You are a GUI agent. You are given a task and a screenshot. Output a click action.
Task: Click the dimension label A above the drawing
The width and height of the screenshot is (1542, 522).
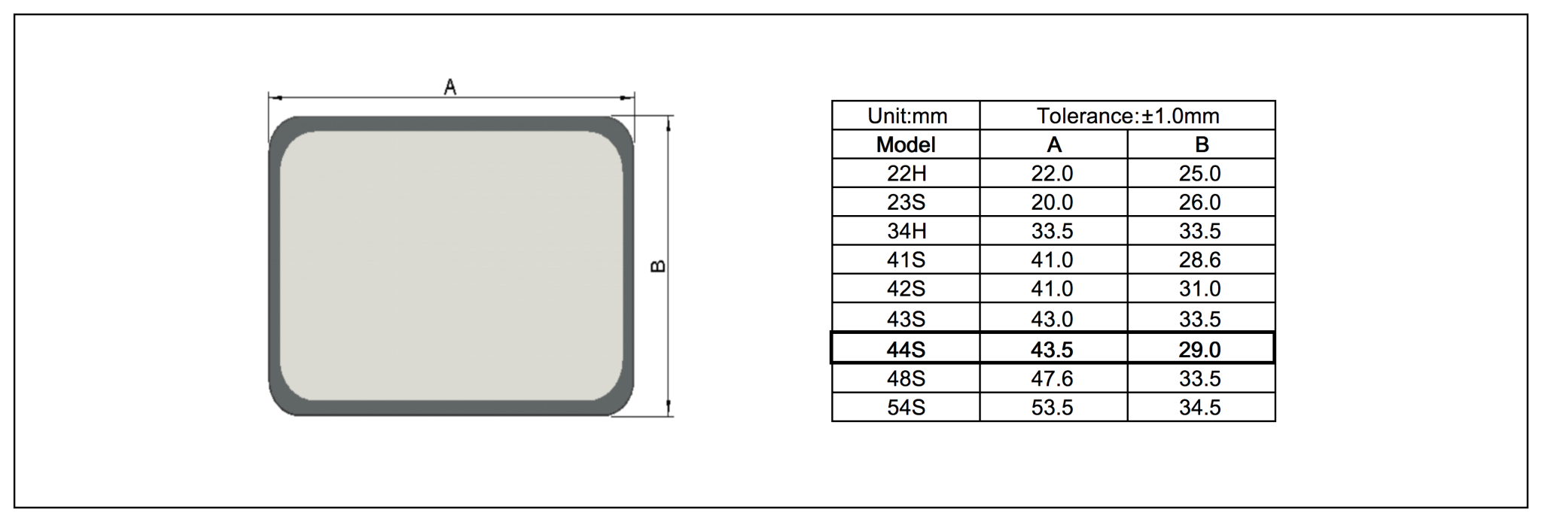[450, 87]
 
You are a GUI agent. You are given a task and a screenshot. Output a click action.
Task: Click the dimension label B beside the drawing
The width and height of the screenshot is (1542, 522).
[657, 266]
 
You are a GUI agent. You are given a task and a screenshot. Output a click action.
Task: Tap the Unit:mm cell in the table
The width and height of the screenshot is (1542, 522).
[907, 116]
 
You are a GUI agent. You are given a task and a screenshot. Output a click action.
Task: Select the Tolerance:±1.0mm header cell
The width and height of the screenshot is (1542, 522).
[1127, 116]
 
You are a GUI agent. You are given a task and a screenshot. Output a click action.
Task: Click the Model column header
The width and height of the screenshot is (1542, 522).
[906, 144]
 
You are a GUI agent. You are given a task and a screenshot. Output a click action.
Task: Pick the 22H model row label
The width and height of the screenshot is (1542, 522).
[906, 174]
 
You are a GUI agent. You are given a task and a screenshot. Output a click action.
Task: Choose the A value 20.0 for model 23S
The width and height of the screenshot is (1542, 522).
[1052, 202]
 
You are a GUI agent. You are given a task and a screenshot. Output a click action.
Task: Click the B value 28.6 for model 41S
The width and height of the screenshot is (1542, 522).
[1199, 260]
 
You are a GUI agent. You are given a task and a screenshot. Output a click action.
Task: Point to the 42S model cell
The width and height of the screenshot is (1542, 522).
[906, 289]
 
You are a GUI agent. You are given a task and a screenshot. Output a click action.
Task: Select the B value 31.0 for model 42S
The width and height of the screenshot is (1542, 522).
[1199, 289]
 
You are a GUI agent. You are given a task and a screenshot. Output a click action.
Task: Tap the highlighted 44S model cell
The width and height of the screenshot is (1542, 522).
[906, 350]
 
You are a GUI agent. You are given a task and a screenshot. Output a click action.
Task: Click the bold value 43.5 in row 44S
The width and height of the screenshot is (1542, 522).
[1052, 350]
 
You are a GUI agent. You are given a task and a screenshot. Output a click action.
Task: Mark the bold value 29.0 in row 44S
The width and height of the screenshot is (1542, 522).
[1199, 350]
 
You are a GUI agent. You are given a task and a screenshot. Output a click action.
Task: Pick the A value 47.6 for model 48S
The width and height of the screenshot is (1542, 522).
[1052, 378]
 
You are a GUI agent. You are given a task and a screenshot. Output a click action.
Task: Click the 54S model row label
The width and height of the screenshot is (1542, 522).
[906, 408]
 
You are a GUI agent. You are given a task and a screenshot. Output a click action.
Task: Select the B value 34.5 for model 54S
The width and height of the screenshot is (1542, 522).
[1199, 408]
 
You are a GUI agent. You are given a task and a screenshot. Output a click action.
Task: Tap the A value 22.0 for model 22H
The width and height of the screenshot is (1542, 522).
[1052, 174]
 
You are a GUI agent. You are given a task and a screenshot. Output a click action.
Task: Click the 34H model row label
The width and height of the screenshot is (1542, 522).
[906, 231]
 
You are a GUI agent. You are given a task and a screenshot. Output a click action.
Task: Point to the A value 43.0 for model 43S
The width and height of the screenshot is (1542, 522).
[1052, 319]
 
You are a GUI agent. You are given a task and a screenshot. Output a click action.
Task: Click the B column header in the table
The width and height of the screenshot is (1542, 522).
[1201, 144]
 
